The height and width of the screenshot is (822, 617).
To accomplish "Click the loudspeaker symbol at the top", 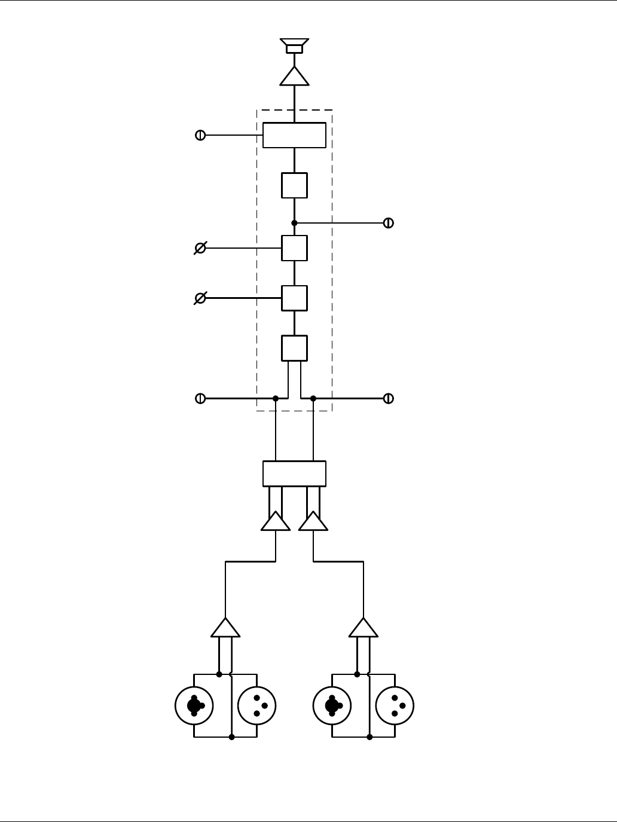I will click(x=294, y=46).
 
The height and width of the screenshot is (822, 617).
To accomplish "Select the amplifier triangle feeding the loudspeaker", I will click(x=294, y=77).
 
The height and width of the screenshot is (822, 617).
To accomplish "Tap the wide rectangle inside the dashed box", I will click(x=294, y=135).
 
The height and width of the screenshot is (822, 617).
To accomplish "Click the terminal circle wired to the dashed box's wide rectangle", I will click(x=200, y=135).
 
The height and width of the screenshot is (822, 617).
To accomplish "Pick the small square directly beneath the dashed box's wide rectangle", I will click(x=294, y=185).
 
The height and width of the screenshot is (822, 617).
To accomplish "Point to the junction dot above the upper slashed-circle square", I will click(x=294, y=223).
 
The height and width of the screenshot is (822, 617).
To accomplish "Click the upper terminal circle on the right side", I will click(x=388, y=223).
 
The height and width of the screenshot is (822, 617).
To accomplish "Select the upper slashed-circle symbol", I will click(x=200, y=247).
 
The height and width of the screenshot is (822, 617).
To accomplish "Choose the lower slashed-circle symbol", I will click(x=200, y=298).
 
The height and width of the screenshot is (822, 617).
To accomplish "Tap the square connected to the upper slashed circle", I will click(x=294, y=248).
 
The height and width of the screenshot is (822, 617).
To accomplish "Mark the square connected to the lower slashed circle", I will click(x=294, y=298).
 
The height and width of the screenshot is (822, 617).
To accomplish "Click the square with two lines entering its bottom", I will click(x=294, y=348).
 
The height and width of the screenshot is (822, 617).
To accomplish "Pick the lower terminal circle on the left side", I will click(x=200, y=398).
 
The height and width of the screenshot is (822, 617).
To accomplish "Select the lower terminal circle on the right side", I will click(x=388, y=398).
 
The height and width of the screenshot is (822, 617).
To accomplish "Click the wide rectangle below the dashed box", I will click(x=294, y=473).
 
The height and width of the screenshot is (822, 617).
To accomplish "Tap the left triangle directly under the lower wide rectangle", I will click(x=276, y=522).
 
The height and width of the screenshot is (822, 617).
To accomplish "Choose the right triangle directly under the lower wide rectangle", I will click(x=313, y=522).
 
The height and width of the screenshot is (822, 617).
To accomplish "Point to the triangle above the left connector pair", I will click(x=225, y=629).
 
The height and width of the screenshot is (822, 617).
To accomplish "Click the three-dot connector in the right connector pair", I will click(x=395, y=705).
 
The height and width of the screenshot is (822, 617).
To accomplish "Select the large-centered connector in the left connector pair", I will click(x=194, y=705).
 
